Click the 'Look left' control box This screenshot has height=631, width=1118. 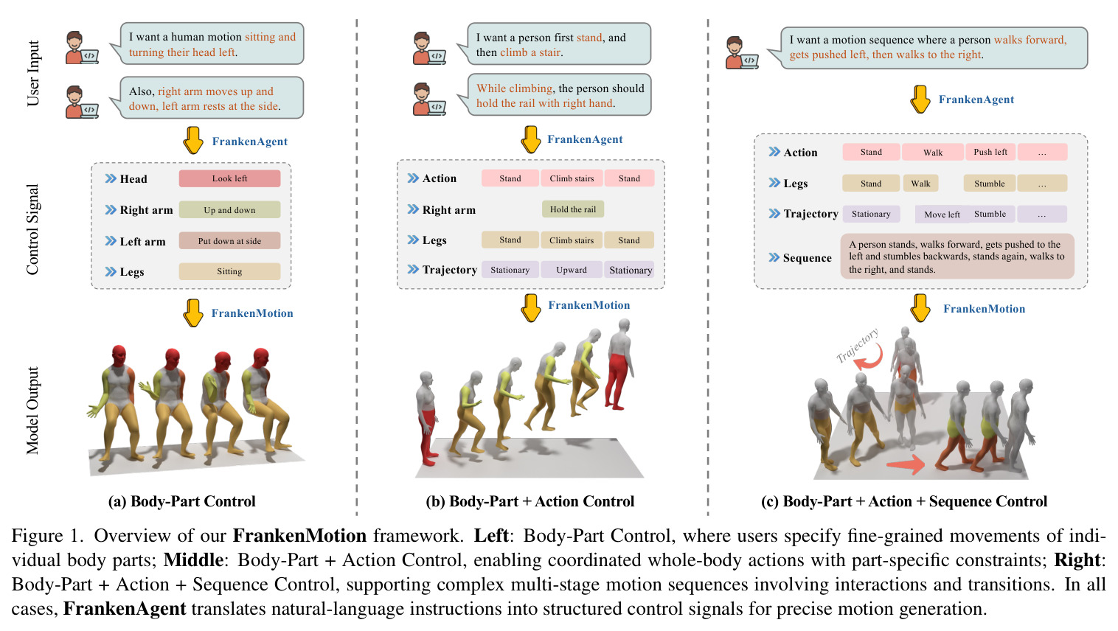click(229, 178)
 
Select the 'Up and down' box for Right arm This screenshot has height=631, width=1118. click(229, 210)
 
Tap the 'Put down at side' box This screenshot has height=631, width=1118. click(229, 241)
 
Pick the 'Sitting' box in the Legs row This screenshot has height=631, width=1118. click(229, 271)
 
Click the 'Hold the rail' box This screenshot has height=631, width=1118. click(573, 209)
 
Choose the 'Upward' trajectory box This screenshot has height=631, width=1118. click(572, 270)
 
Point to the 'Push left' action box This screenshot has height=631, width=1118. click(990, 152)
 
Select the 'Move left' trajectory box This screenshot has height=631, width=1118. click(942, 215)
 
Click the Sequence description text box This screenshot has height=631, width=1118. click(957, 257)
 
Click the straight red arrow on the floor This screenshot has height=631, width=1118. click(906, 465)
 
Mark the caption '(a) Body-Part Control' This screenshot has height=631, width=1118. click(181, 501)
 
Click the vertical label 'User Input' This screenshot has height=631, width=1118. click(33, 73)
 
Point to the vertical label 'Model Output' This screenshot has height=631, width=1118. click(33, 411)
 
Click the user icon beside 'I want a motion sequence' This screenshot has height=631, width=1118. click(741, 52)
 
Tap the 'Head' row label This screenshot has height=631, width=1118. click(133, 179)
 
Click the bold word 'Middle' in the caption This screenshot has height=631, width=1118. click(193, 560)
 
